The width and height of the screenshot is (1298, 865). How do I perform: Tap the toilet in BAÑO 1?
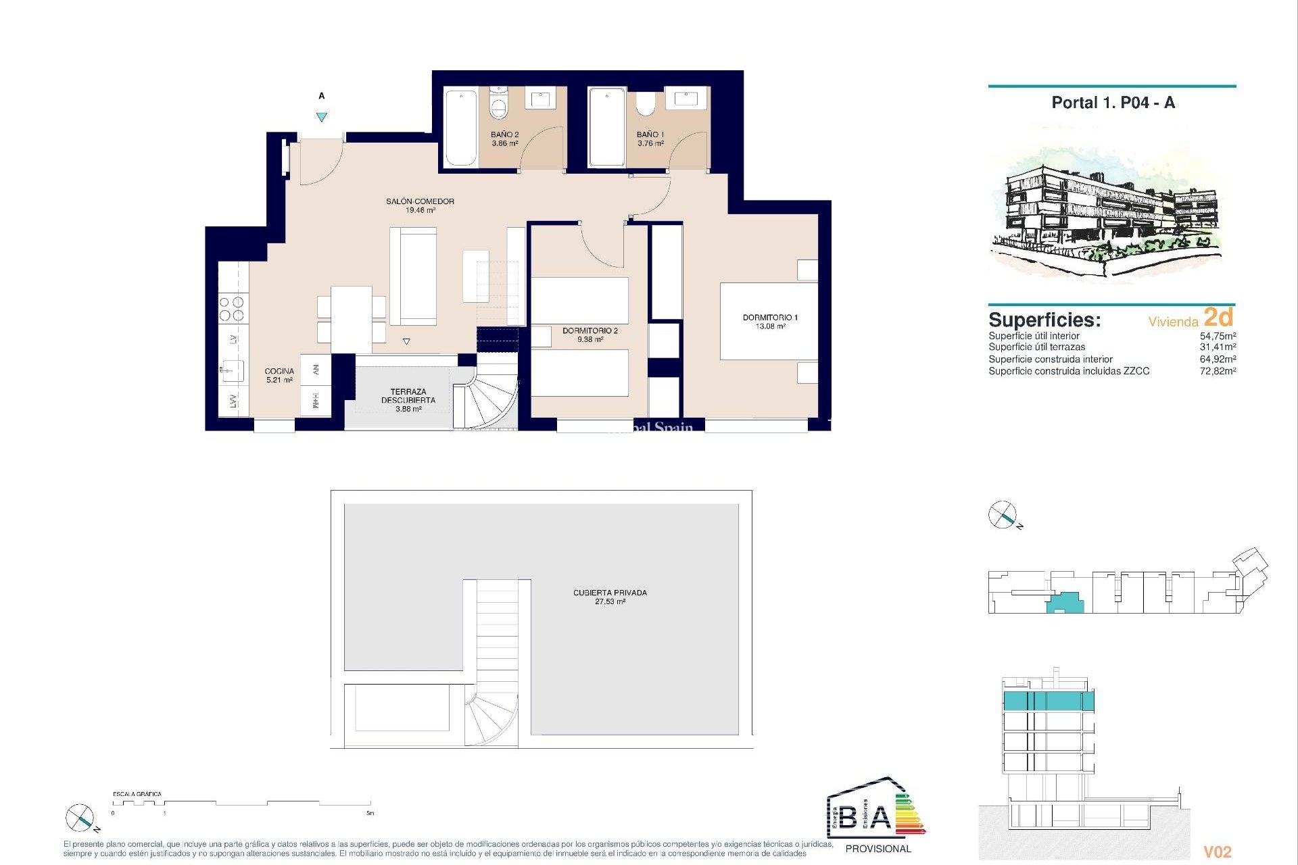tap(646, 104)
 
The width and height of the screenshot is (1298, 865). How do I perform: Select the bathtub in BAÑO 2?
tap(461, 127)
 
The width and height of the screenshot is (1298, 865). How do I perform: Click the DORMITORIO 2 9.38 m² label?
tap(590, 335)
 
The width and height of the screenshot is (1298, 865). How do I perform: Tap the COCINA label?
tap(279, 375)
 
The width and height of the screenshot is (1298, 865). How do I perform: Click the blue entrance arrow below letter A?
tap(322, 117)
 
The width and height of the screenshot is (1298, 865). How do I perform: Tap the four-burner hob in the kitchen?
tap(233, 309)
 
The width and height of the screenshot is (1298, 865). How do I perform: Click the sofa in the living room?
tap(412, 276)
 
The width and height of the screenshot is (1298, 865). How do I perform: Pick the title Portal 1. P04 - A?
tap(1113, 103)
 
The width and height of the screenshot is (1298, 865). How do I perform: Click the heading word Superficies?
tap(1044, 320)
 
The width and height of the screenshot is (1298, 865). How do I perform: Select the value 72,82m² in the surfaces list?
tap(1218, 371)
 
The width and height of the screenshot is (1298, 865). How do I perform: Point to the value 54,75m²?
tap(1218, 336)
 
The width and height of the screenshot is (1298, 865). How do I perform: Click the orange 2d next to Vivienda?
tap(1218, 317)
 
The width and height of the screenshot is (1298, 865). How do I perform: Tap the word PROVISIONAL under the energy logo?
tap(878, 849)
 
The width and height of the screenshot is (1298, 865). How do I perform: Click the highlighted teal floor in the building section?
tap(1048, 701)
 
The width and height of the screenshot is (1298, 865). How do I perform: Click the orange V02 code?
tap(1218, 852)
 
